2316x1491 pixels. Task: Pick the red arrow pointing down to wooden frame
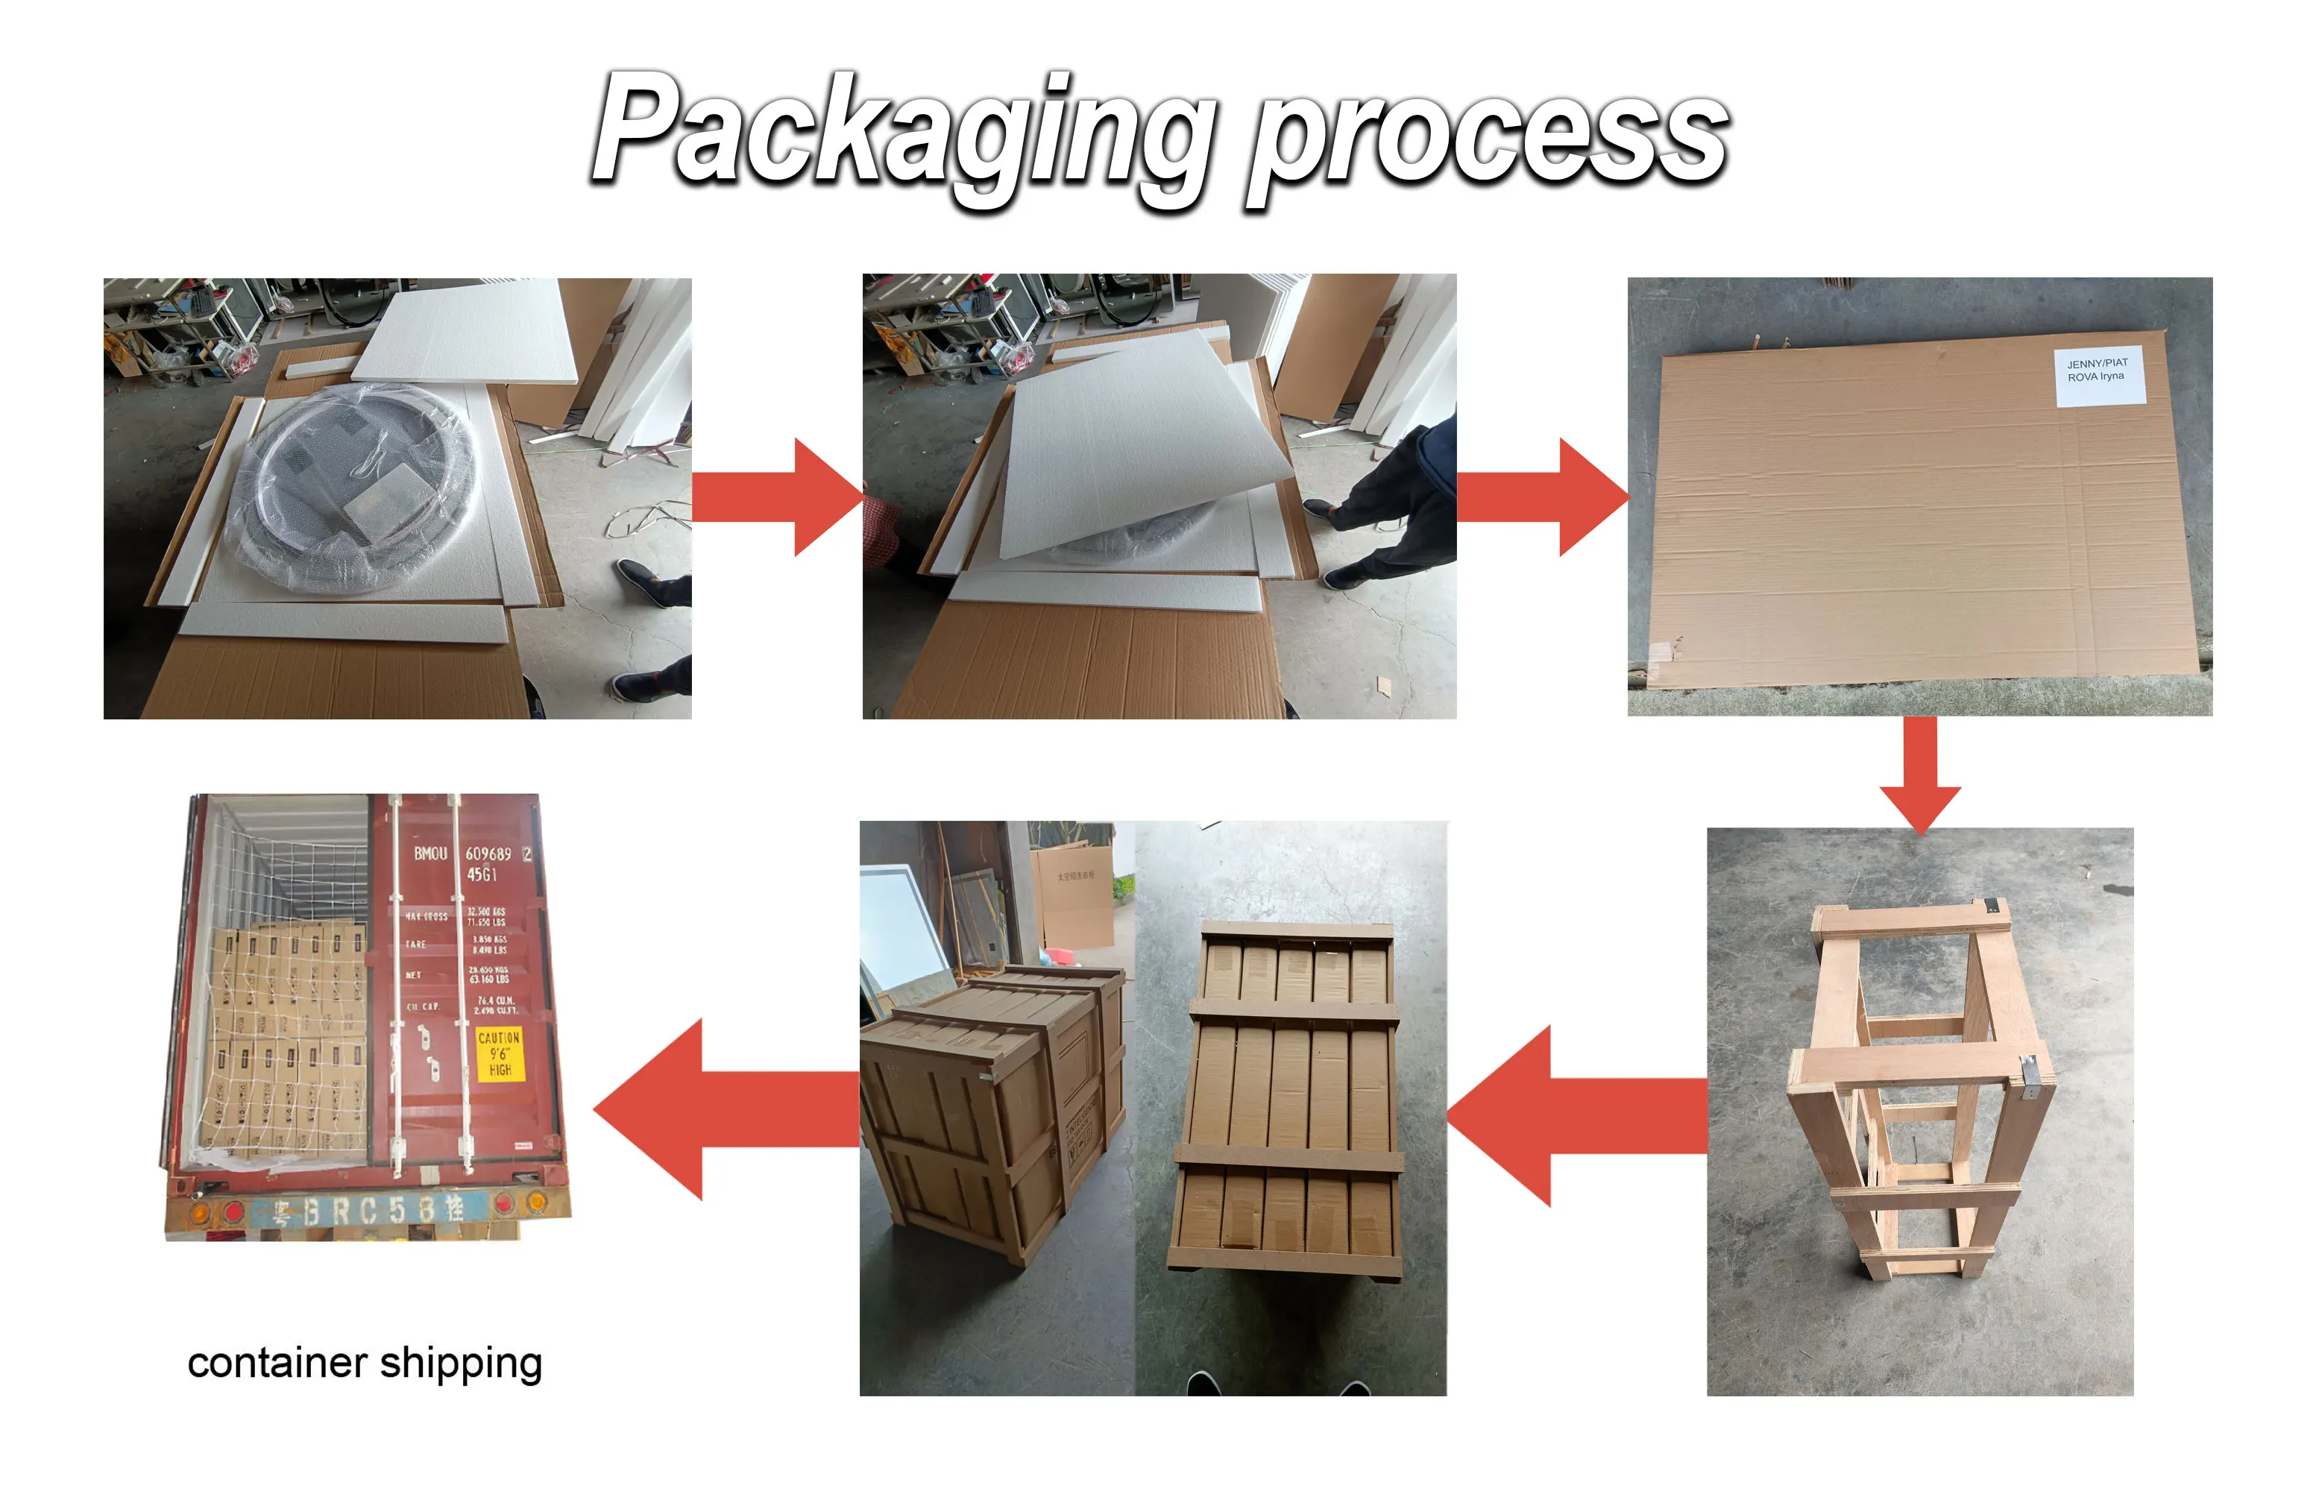[x=1920, y=775]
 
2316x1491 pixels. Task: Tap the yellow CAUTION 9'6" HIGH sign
[x=500, y=1053]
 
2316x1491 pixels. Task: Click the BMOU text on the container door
[x=430, y=854]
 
